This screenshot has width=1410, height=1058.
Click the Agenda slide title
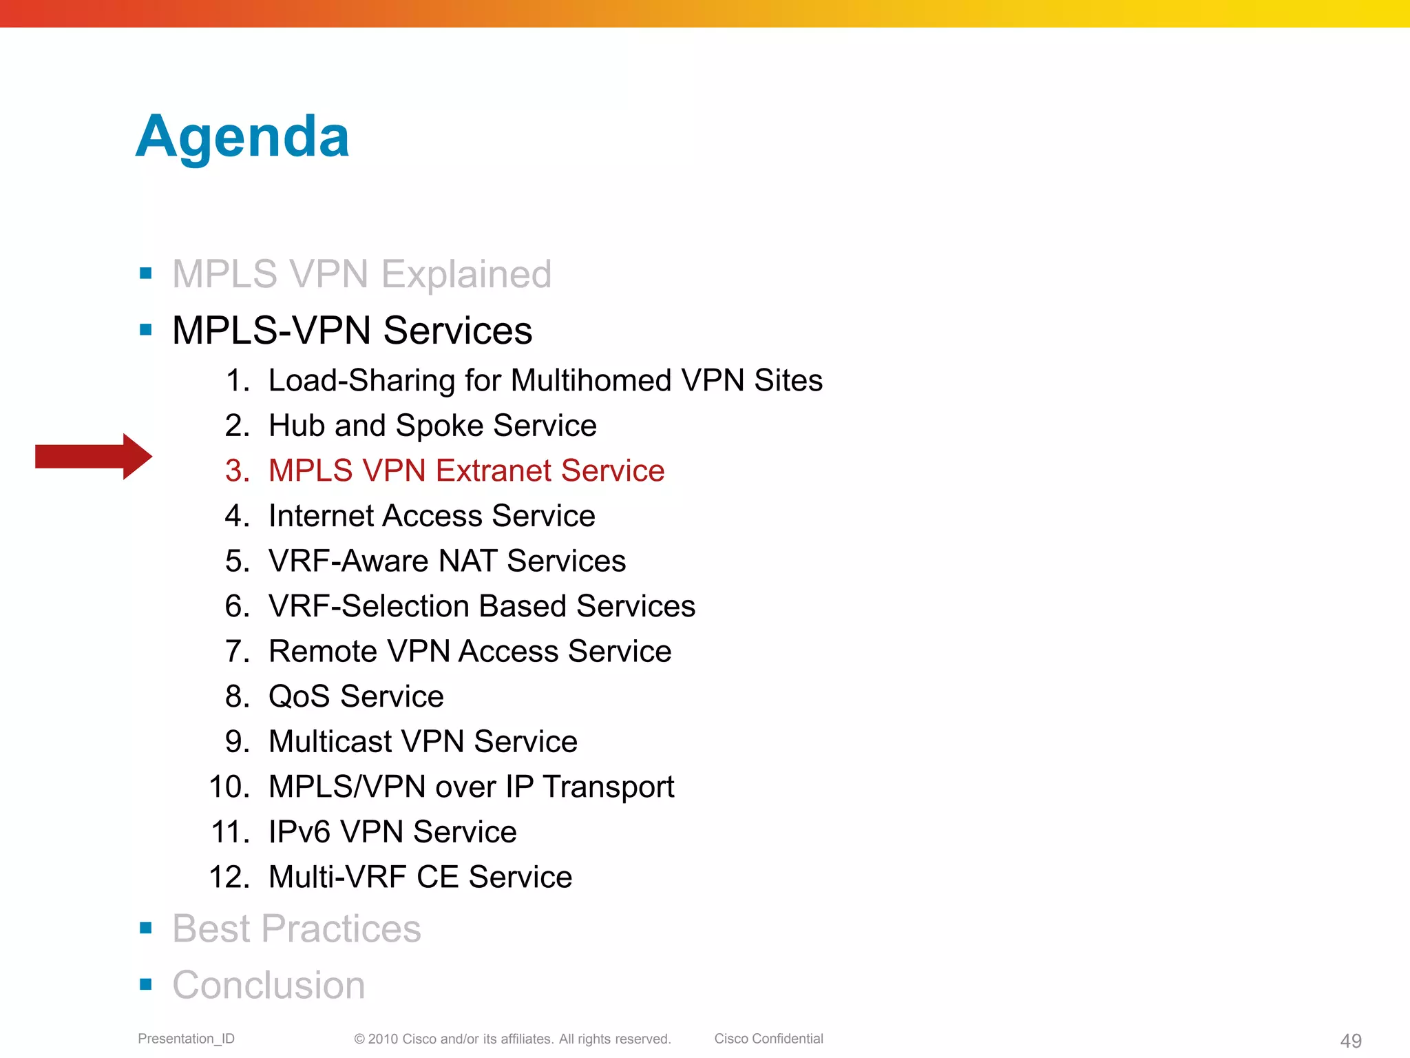pos(242,137)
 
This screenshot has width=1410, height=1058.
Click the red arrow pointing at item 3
pos(93,456)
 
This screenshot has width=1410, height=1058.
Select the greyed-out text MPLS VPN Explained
pos(361,274)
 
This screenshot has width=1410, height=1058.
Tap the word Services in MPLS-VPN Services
pos(457,331)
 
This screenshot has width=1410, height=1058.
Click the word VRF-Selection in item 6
pos(368,606)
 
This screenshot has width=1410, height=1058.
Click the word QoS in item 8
pos(299,696)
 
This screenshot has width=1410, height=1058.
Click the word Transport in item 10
pos(608,787)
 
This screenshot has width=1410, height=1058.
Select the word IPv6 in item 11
pos(299,832)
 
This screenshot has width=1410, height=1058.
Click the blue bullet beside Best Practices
pos(145,928)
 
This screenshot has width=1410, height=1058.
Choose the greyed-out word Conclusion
pos(269,985)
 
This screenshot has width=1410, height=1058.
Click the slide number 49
pos(1351,1041)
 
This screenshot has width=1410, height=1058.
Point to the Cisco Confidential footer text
pos(768,1039)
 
